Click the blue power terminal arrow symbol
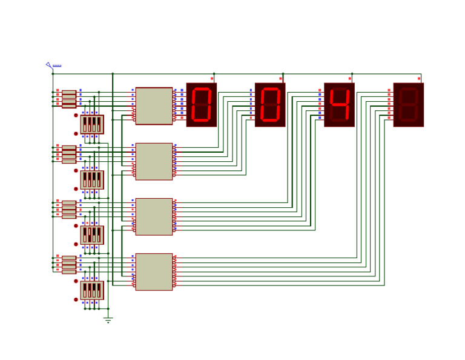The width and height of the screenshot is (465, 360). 48,64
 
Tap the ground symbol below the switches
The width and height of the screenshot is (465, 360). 108,319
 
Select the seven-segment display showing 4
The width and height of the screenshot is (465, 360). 339,105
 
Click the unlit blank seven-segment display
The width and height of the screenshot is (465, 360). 408,105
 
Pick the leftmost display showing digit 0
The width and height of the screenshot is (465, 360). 201,105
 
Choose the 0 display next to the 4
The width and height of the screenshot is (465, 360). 270,105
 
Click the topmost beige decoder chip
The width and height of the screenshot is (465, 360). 154,106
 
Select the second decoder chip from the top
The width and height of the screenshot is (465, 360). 154,161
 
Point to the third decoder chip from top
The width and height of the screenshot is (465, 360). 154,216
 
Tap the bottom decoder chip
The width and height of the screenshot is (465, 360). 154,272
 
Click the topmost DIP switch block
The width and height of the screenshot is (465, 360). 92,124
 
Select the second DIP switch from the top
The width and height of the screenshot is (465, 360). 92,180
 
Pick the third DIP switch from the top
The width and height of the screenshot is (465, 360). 92,235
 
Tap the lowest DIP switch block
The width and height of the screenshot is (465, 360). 92,290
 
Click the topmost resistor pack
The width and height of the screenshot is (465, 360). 69,99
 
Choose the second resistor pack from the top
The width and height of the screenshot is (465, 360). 69,154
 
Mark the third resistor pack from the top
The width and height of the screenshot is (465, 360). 69,209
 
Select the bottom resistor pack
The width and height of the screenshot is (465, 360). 69,264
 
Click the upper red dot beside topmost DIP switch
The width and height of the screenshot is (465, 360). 76,115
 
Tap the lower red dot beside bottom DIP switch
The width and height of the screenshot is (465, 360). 76,299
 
